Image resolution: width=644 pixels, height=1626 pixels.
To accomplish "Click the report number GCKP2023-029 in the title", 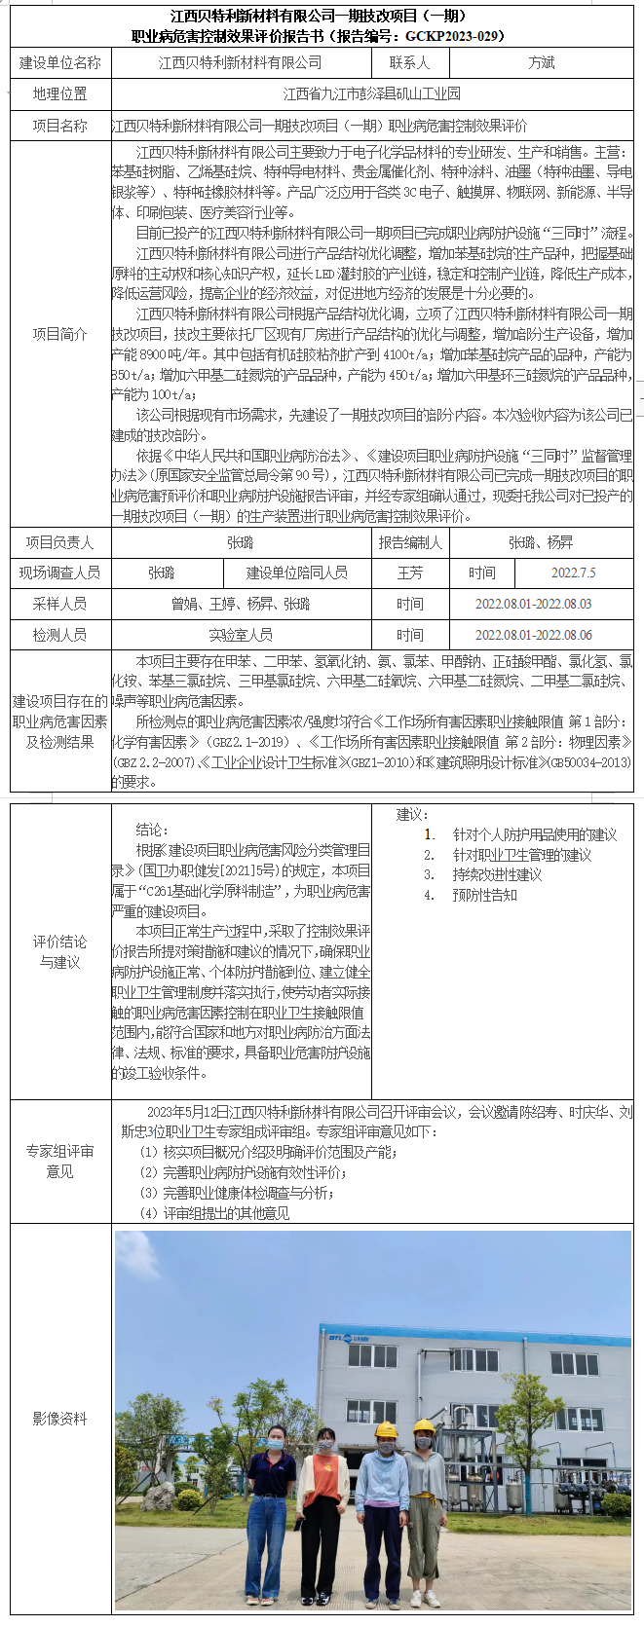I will coord(455,36).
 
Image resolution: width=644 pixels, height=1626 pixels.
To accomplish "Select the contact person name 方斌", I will coord(542,62).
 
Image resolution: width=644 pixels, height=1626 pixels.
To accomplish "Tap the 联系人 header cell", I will coord(409,62).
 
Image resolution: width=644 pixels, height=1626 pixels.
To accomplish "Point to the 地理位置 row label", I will coord(60,94).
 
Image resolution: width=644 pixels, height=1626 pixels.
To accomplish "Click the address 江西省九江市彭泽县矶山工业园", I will coord(372,94).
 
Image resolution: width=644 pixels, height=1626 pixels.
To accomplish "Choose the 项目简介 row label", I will coord(60,334).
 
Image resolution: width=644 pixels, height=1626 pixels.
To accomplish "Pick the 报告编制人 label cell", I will coord(410,542).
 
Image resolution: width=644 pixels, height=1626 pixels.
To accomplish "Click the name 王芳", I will coord(410,573).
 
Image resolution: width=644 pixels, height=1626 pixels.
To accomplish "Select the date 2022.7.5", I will coord(574,573).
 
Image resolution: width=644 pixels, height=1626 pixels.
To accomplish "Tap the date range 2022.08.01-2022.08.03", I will coord(533,604).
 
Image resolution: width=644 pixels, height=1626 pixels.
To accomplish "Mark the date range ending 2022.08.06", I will coord(533,635).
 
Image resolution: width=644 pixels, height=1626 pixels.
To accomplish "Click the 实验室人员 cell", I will coord(241,635).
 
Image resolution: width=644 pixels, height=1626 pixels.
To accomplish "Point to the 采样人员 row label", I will coord(60,604).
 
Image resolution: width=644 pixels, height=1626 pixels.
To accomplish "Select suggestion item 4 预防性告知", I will coord(484,895).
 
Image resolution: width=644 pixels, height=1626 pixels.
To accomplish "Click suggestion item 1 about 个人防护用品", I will coord(534,834).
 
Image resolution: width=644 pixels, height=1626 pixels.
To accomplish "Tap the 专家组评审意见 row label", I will coord(60,1161).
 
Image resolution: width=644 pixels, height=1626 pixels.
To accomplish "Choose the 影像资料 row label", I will coord(60,1419).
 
